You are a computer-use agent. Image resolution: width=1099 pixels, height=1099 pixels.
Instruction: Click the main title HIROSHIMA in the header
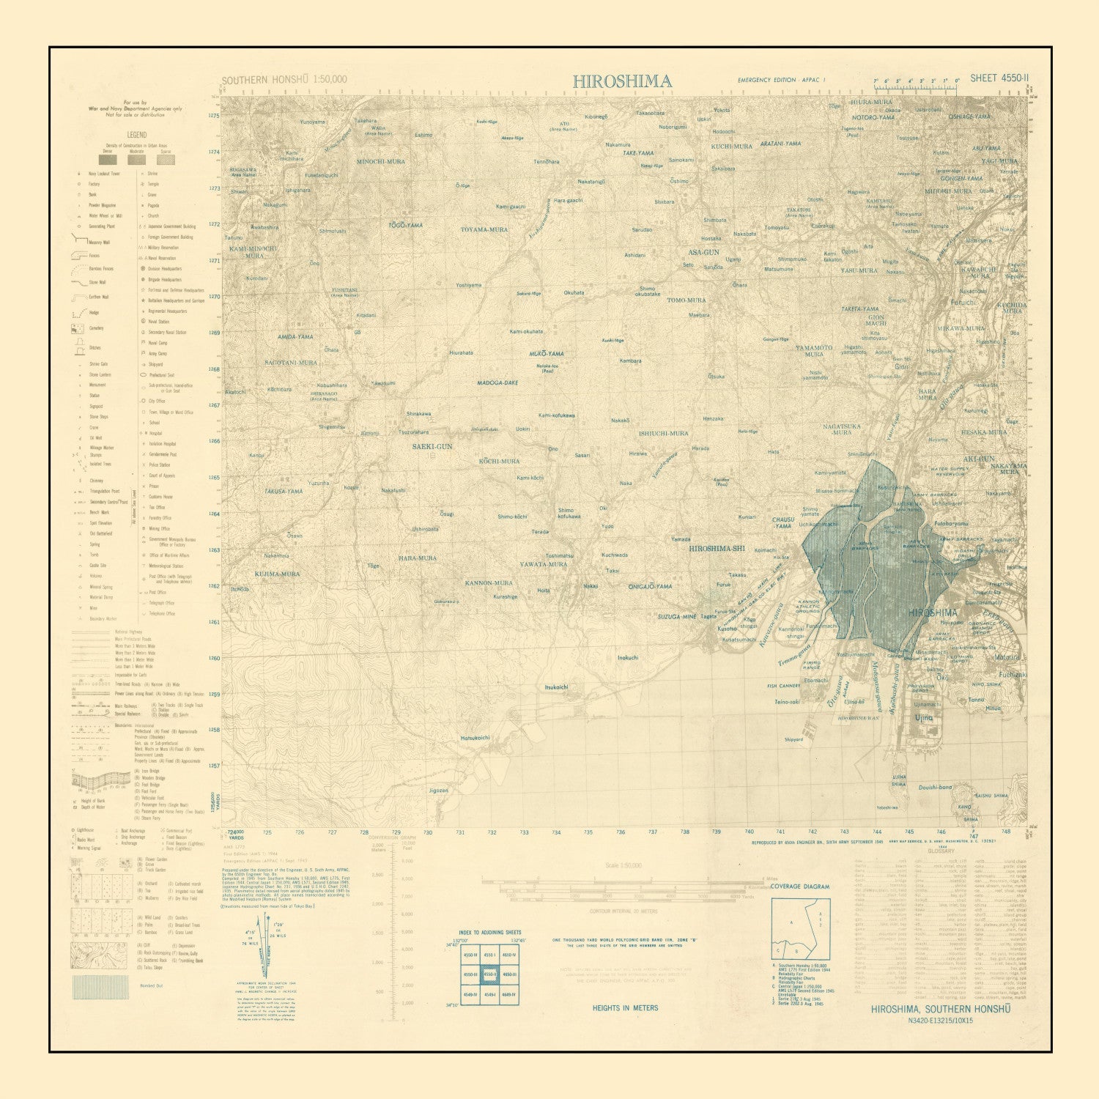point(622,81)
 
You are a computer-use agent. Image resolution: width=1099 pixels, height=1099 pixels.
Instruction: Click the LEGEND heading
point(136,135)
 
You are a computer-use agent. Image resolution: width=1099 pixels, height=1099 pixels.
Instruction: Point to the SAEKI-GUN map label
point(432,445)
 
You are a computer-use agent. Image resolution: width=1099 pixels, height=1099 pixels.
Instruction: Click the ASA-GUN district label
point(701,252)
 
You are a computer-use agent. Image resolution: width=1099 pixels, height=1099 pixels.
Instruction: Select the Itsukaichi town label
point(556,687)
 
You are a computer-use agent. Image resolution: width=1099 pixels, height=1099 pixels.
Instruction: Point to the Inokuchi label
point(627,658)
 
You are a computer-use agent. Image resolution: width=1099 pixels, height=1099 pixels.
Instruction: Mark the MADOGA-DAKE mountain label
point(497,382)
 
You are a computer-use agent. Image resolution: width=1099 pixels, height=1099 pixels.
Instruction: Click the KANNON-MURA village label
point(488,582)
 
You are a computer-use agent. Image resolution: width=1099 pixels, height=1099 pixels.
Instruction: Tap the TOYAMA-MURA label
point(484,229)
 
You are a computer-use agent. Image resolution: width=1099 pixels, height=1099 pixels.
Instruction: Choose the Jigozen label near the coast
point(438,791)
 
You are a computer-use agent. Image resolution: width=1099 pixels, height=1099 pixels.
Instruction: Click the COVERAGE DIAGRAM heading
point(800,887)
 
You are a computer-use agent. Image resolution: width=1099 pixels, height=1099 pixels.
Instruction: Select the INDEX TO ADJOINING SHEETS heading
point(491,933)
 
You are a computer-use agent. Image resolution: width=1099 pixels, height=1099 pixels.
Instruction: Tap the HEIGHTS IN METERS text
point(625,1008)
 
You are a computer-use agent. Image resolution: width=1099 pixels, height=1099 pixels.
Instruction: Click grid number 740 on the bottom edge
point(749,832)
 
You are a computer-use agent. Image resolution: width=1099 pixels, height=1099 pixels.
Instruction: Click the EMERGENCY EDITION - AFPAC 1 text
point(782,79)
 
